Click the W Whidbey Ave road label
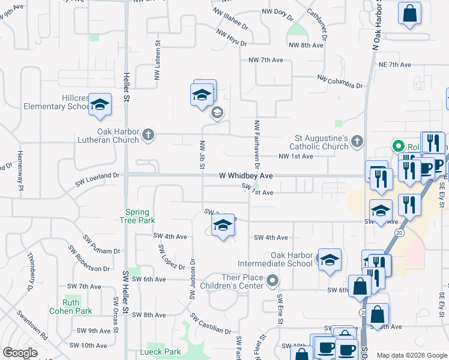coord(246,176)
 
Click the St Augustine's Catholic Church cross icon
coord(357,142)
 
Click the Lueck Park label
coord(160,352)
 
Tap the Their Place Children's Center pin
coord(273,281)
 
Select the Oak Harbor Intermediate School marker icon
coord(329,260)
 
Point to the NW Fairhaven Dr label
coord(257,143)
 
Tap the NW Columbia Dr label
coord(340,82)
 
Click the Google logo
coord(20,353)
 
